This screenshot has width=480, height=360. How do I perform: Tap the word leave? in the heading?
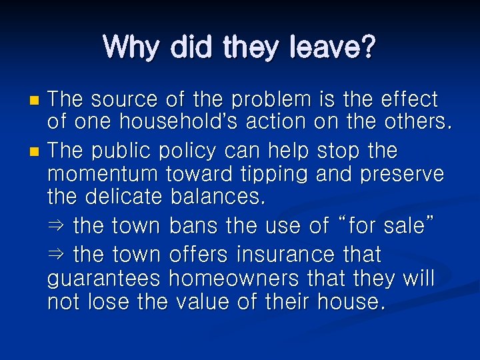pyautogui.click(x=331, y=47)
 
